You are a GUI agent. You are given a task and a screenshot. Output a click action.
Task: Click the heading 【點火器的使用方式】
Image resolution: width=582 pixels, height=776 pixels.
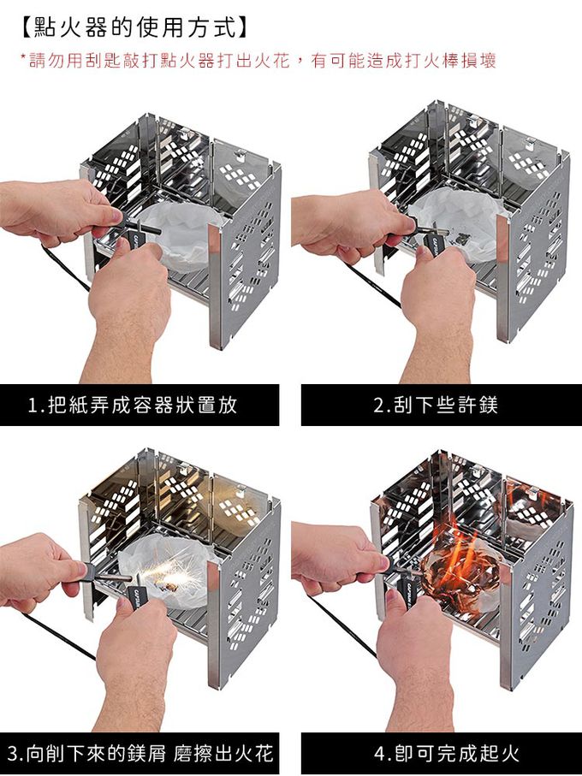(134, 27)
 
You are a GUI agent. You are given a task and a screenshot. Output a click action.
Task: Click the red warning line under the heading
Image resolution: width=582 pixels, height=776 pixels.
(258, 61)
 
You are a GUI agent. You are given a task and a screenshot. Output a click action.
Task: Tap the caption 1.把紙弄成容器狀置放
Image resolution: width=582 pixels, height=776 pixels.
(132, 406)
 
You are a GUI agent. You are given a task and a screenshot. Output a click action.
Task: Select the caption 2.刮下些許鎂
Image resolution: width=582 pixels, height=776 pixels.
(436, 406)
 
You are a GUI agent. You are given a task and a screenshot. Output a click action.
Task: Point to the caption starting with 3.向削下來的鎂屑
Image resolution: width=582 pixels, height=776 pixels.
(140, 753)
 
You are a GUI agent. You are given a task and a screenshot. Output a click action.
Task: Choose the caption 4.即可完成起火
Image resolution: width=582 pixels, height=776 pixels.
(447, 753)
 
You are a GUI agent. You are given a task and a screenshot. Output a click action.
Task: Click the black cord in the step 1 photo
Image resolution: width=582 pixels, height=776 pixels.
(64, 267)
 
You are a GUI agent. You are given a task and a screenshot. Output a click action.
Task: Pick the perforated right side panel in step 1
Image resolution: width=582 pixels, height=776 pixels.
(245, 258)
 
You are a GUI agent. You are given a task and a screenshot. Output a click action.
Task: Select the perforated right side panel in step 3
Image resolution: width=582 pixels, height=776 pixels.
(245, 594)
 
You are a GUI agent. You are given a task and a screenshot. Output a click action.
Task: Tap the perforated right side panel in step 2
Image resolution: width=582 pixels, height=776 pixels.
(534, 247)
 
